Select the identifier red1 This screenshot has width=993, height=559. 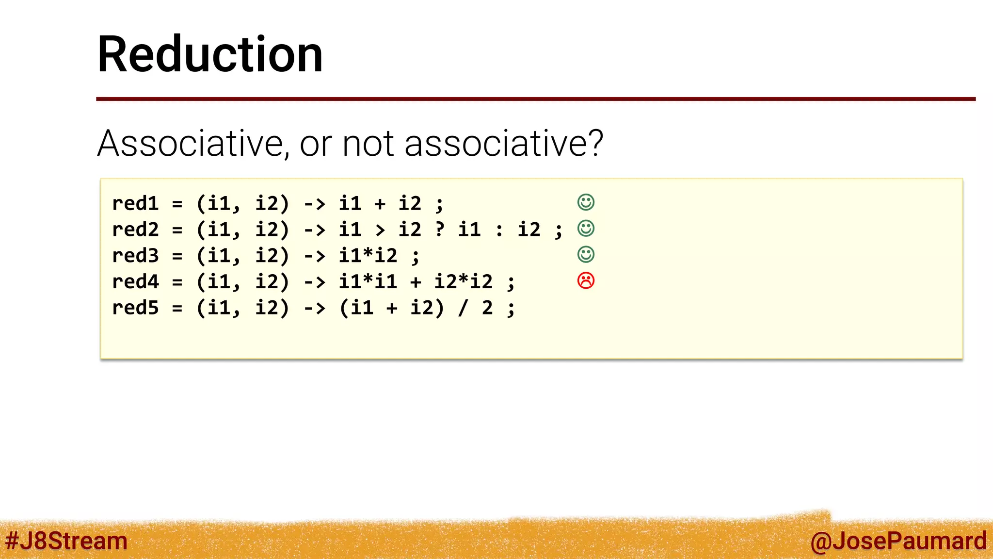pyautogui.click(x=135, y=203)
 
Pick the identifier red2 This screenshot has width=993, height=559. pyautogui.click(x=135, y=230)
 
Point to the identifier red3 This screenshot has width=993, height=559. pyautogui.click(x=135, y=256)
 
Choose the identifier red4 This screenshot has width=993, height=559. pyautogui.click(x=135, y=282)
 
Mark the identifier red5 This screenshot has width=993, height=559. pyautogui.click(x=135, y=308)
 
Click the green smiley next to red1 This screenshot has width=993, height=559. pyautogui.click(x=586, y=202)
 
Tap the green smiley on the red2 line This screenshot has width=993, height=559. pyautogui.click(x=586, y=229)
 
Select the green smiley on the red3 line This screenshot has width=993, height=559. pyautogui.click(x=586, y=254)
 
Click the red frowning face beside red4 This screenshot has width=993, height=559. pyautogui.click(x=586, y=280)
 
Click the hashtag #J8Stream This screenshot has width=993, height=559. pyautogui.click(x=66, y=541)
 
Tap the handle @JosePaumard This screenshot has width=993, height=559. pyautogui.click(x=898, y=541)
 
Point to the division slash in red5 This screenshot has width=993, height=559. pyautogui.click(x=463, y=308)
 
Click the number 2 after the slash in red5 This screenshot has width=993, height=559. pyautogui.click(x=487, y=308)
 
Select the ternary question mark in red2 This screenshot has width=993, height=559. pyautogui.click(x=440, y=229)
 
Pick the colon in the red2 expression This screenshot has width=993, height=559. pyautogui.click(x=499, y=230)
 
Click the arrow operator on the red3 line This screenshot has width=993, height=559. pyautogui.click(x=315, y=256)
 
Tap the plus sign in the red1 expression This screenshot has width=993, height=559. pyautogui.click(x=380, y=204)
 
